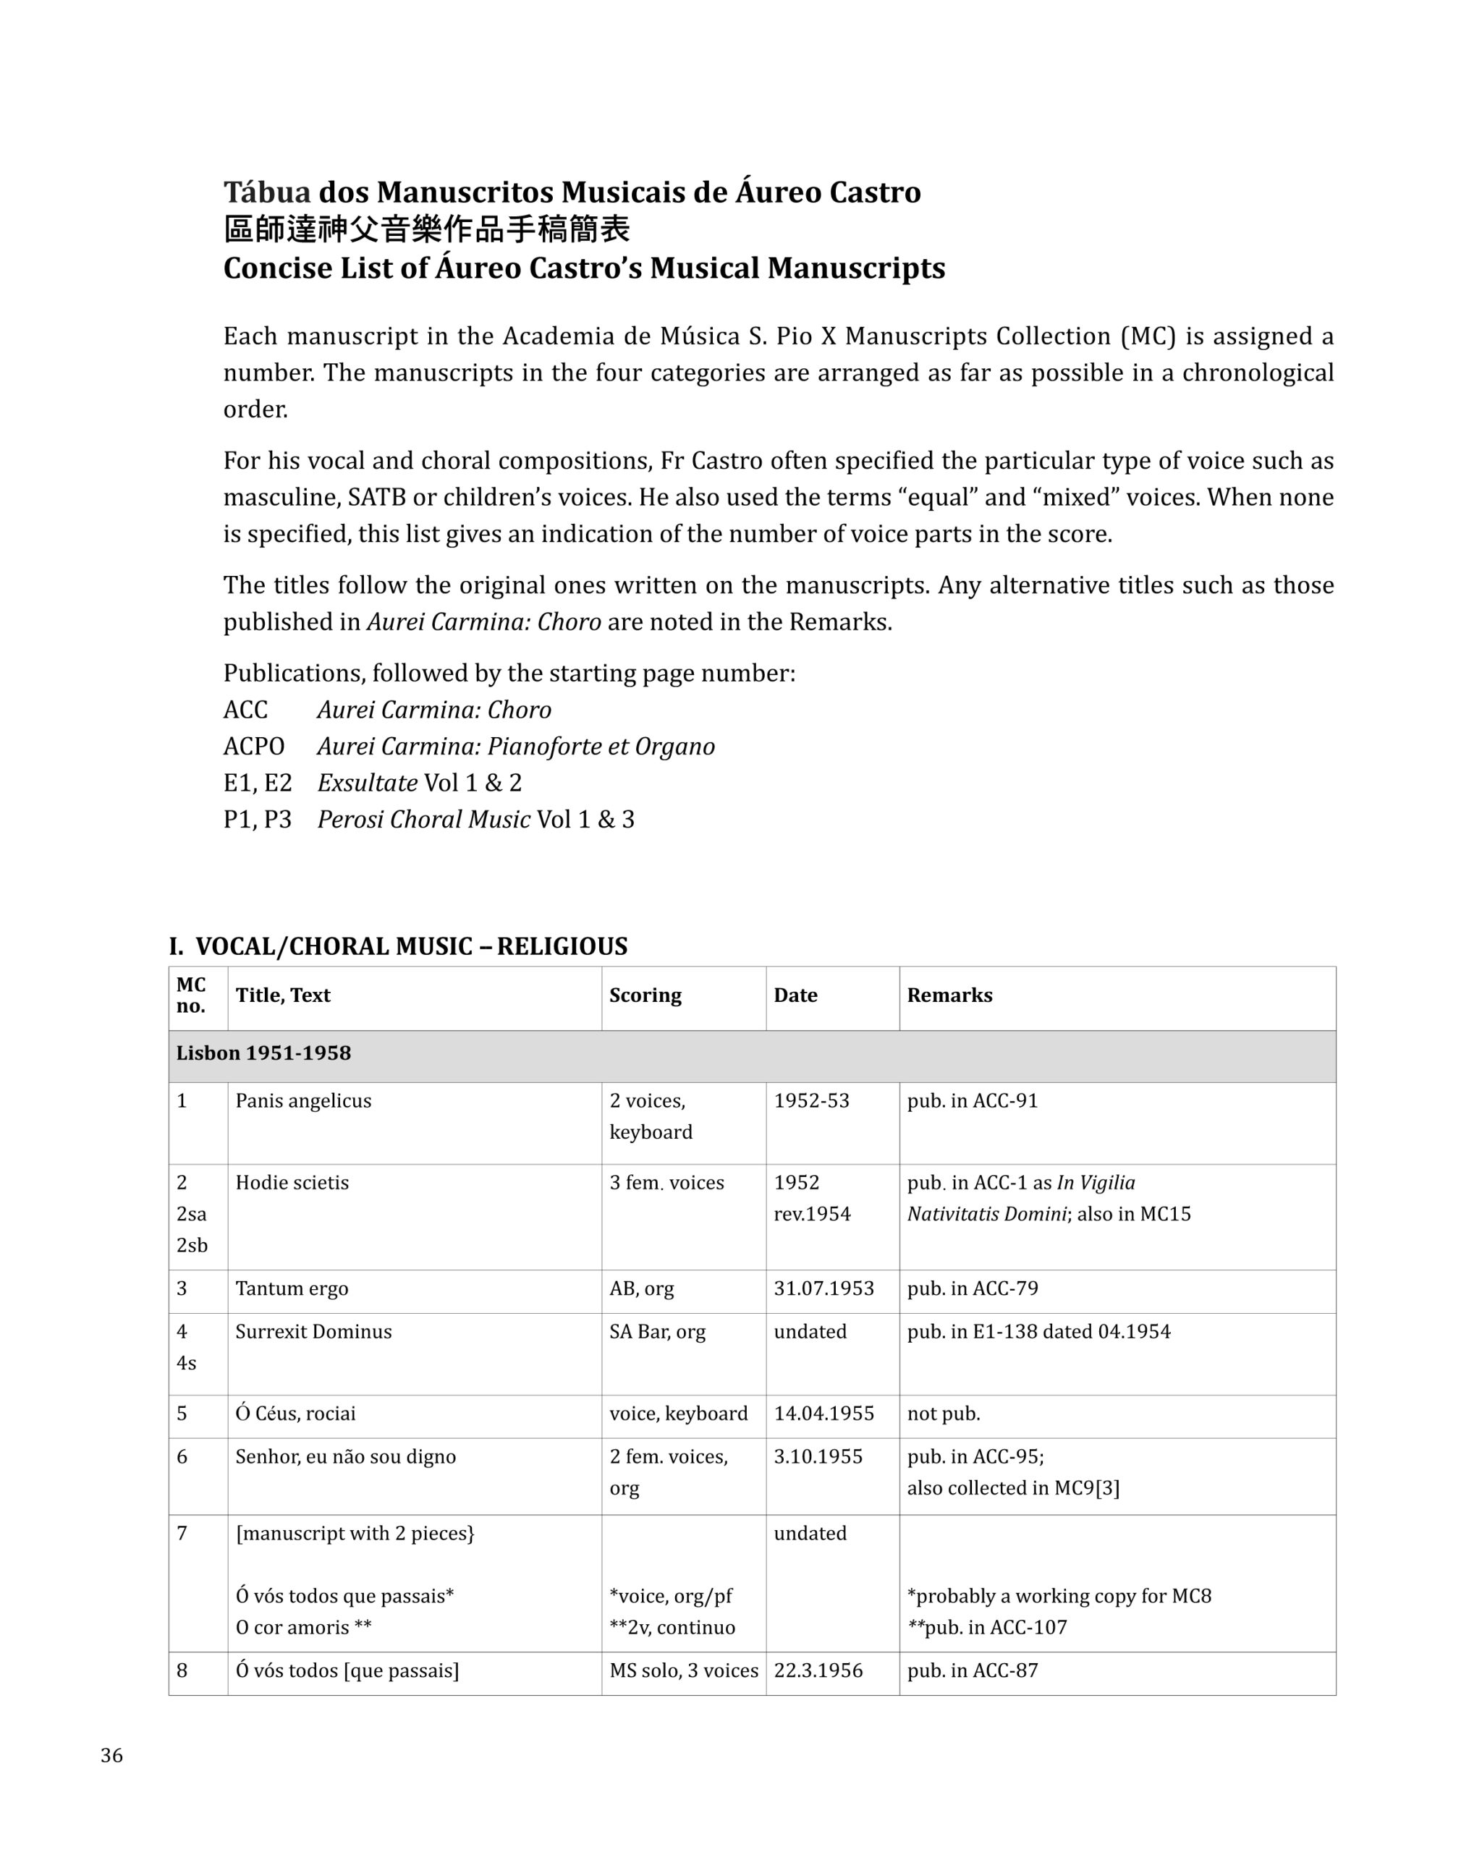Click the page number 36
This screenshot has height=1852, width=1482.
point(111,1755)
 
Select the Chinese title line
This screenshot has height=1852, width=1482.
point(426,229)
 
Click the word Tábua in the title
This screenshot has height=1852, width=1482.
point(266,192)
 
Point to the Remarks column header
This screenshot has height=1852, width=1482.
point(949,995)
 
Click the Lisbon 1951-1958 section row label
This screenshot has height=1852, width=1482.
point(263,1053)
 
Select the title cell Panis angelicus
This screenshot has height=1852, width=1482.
point(303,1100)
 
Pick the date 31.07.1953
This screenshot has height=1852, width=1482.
point(823,1288)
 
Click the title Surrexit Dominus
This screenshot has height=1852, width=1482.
point(313,1330)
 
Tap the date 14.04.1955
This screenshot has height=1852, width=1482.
point(823,1413)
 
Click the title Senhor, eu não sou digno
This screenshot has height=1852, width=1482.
point(345,1456)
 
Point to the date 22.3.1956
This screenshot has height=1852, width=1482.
point(818,1670)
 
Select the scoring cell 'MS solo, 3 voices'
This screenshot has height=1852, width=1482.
point(683,1670)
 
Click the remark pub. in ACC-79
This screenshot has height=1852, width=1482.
point(972,1288)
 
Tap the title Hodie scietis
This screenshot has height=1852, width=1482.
point(292,1182)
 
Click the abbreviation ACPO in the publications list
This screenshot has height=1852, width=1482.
point(253,747)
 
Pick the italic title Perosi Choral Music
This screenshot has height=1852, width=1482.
point(423,820)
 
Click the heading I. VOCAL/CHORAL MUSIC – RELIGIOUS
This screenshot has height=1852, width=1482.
point(398,946)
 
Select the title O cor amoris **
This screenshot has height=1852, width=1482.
point(303,1627)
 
